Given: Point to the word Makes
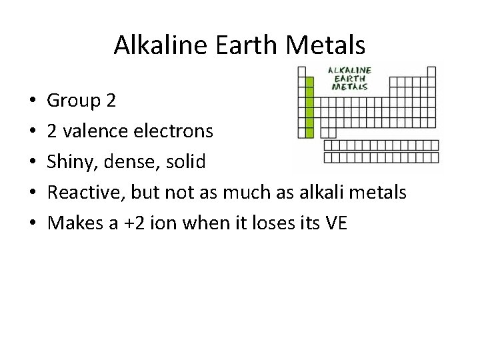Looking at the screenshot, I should point(73,223).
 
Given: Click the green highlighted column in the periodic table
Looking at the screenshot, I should point(309,107).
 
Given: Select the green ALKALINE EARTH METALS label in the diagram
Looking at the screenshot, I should point(349,77).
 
